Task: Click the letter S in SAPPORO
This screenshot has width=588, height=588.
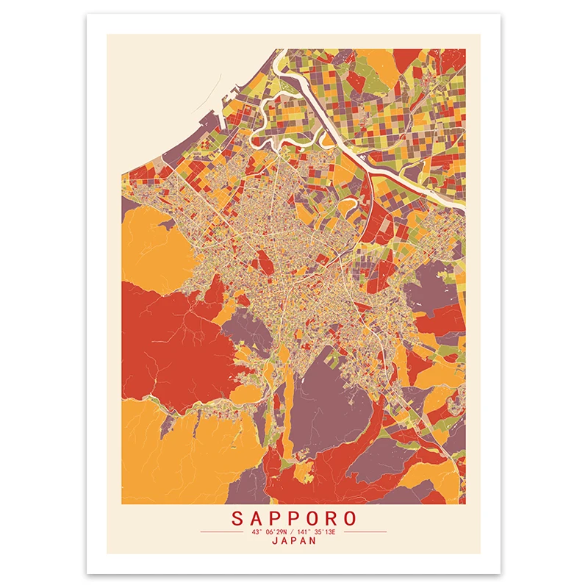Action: coord(237,518)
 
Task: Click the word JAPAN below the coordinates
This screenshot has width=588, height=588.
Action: coord(293,540)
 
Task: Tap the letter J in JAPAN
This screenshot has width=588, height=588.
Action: coord(275,540)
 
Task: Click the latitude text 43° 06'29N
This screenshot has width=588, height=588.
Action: coord(270,531)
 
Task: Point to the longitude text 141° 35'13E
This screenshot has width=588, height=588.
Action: coord(316,531)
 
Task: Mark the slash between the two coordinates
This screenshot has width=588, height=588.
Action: coord(293,531)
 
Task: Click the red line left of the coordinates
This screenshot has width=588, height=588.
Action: coord(223,531)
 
